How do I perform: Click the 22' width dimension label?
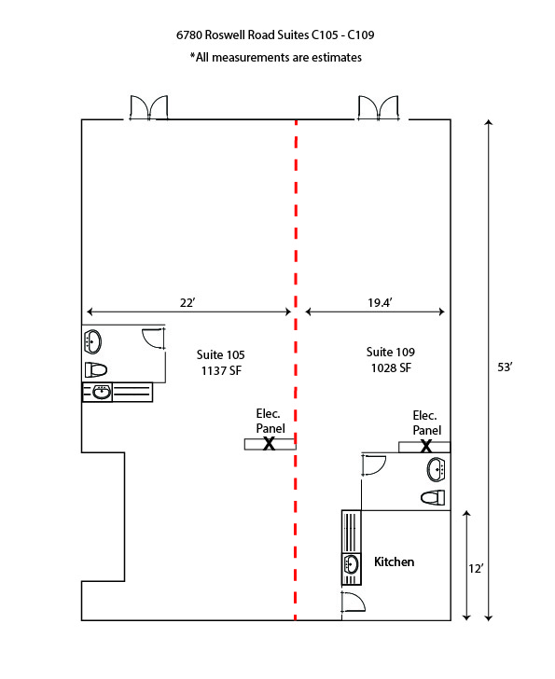click(x=187, y=302)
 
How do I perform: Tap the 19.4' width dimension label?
click(x=380, y=302)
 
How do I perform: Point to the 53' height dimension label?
click(x=505, y=367)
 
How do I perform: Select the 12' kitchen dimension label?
click(x=476, y=568)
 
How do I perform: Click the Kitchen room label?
click(x=394, y=561)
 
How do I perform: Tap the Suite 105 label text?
click(x=220, y=354)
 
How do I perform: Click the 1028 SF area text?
click(x=391, y=367)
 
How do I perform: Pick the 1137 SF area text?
click(x=221, y=370)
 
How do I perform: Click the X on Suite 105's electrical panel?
click(x=270, y=443)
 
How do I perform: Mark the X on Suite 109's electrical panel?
click(x=426, y=446)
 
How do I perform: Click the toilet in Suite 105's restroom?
click(x=96, y=370)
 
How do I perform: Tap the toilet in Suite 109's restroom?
click(x=433, y=497)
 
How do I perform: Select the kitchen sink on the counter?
click(x=351, y=564)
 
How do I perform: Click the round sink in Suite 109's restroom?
click(x=436, y=469)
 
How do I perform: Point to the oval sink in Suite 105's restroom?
click(x=92, y=342)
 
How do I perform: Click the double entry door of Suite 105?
click(x=149, y=108)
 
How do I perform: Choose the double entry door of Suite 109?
click(x=378, y=108)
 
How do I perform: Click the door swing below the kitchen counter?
click(x=354, y=602)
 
